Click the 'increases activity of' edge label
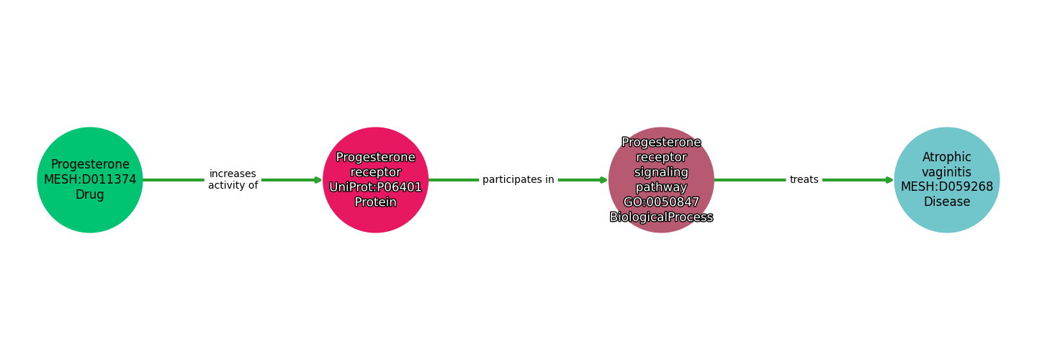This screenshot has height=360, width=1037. click(x=233, y=180)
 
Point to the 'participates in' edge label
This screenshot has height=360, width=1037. click(x=518, y=180)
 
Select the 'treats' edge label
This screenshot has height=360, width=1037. click(x=804, y=180)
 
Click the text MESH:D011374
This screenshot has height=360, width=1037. click(x=90, y=180)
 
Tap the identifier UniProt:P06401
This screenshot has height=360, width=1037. click(x=375, y=187)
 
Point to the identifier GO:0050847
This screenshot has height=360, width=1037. click(x=661, y=202)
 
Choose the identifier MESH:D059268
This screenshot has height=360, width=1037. click(x=946, y=187)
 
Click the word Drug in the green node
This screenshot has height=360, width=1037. click(x=90, y=195)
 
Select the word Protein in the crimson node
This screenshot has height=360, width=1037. click(x=375, y=202)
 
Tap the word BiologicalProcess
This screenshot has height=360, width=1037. click(x=661, y=217)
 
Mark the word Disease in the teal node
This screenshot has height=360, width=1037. click(x=946, y=202)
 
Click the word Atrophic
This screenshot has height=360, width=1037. click(x=946, y=157)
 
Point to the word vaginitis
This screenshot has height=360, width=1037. click(x=946, y=172)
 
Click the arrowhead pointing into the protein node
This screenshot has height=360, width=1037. click(x=318, y=180)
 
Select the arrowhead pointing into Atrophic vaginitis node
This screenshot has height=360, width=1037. click(x=889, y=180)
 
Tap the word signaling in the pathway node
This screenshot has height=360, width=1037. click(x=661, y=172)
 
